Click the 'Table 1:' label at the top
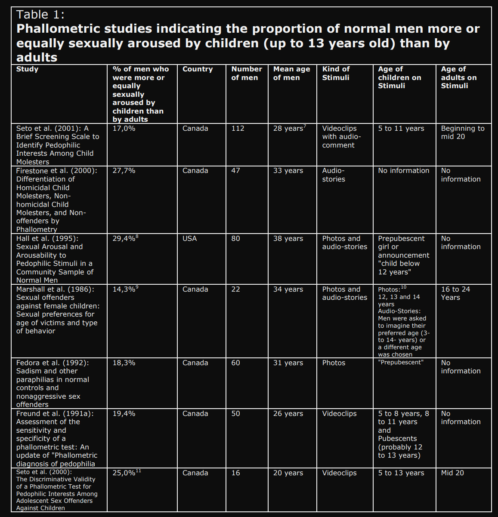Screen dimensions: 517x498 (40, 15)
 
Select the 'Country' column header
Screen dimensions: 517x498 (198, 69)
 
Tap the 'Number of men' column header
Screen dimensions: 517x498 (247, 73)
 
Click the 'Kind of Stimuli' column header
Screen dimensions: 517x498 (336, 73)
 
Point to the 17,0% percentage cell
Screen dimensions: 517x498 (124, 129)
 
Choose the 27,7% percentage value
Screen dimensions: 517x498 (124, 171)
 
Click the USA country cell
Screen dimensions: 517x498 (189, 239)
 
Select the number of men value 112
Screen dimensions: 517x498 (238, 129)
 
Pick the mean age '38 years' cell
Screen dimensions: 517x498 (288, 239)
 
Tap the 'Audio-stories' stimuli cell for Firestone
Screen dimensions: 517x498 (334, 175)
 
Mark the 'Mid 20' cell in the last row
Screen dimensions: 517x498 (452, 473)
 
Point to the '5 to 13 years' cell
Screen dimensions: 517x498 (401, 473)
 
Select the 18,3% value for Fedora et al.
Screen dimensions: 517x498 (124, 363)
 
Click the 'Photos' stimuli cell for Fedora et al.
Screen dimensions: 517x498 (334, 363)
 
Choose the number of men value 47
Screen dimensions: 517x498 (235, 171)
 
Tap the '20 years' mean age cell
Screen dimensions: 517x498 (288, 473)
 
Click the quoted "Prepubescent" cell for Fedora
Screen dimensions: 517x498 (401, 363)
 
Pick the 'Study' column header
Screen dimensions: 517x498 (27, 69)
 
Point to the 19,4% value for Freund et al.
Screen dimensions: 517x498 (124, 414)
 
